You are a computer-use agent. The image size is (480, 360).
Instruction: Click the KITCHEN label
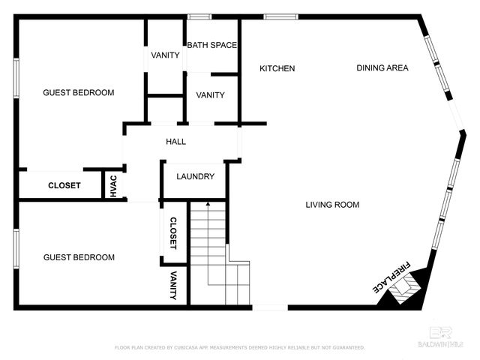point(277,69)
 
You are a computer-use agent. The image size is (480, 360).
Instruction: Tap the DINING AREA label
point(382,68)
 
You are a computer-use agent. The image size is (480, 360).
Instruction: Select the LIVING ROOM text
point(332,205)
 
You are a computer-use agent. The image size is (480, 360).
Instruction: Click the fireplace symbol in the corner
point(405,289)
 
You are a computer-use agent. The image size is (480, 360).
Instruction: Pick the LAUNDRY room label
point(195,177)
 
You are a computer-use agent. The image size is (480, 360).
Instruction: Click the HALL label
point(175,141)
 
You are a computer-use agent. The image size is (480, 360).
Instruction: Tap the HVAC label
point(113,186)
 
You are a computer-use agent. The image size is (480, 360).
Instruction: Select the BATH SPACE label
point(211,45)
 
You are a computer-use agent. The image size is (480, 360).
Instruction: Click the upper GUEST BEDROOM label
point(78,93)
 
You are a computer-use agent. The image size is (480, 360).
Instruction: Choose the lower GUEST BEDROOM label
point(79,257)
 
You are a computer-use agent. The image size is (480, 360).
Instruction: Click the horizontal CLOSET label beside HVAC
point(64,185)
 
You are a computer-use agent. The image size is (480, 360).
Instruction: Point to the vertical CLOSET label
point(173,233)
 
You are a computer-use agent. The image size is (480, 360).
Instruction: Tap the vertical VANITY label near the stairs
point(173,286)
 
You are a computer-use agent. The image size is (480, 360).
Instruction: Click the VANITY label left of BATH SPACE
point(164,55)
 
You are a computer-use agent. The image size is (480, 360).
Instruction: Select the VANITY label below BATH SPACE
point(210,95)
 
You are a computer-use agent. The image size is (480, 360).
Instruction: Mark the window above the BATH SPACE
point(199,16)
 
